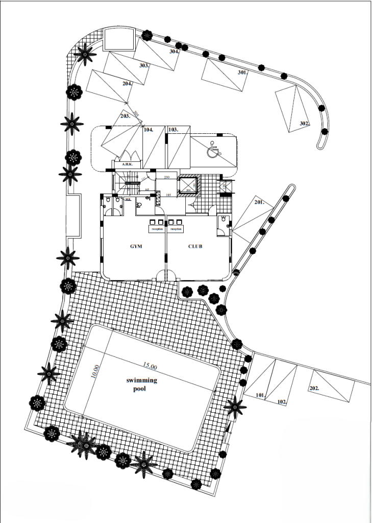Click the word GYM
tap(135, 246)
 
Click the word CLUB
tap(195, 246)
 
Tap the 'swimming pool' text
tap(142, 384)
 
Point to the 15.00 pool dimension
tap(150, 366)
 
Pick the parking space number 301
tap(242, 73)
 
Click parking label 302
tap(304, 124)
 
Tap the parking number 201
tap(259, 202)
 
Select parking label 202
tap(314, 388)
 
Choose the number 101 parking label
tap(260, 395)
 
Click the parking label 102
tap(282, 401)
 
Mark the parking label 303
tap(144, 65)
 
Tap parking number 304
tap(174, 52)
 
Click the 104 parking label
tap(148, 130)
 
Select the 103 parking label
tap(173, 130)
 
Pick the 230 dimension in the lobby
tap(166, 177)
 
